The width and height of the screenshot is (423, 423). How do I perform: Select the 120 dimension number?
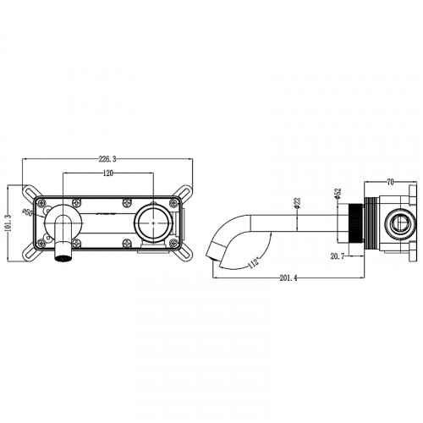pyautogui.click(x=107, y=172)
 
